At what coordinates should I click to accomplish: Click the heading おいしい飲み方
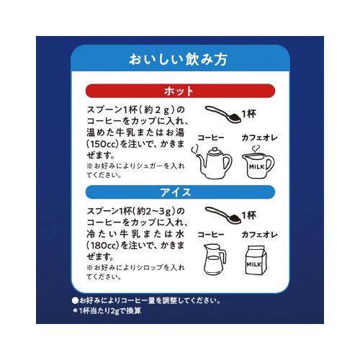click(178, 59)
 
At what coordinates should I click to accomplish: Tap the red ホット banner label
click(179, 91)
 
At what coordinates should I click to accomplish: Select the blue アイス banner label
click(176, 192)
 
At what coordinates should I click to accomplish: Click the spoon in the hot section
click(223, 114)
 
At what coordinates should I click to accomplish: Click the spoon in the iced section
click(223, 215)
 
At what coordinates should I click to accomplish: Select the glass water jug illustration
click(215, 259)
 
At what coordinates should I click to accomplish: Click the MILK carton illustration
click(256, 260)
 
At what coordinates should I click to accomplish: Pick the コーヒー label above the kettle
click(211, 138)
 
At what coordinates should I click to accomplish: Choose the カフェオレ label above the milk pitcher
click(259, 138)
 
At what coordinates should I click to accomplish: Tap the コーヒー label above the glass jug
click(211, 235)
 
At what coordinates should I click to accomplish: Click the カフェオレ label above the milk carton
click(259, 235)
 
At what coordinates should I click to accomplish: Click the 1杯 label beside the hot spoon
click(249, 114)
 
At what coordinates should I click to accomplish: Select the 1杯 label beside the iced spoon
click(249, 215)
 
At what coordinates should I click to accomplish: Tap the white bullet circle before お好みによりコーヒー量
click(75, 300)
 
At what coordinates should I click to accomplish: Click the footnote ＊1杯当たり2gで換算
click(107, 311)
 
